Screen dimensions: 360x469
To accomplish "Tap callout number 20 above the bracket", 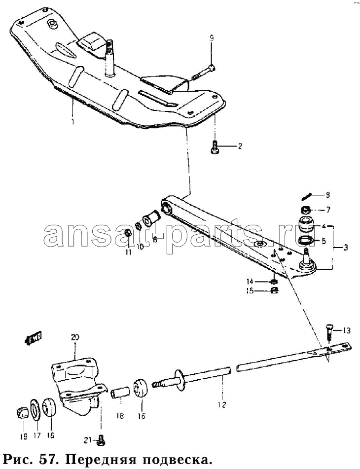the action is pos(75,337).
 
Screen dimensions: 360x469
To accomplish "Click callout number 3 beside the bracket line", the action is pos(345,248).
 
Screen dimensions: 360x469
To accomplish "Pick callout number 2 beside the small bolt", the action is pos(240,146).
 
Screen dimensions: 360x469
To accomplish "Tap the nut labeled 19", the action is pos(23,414).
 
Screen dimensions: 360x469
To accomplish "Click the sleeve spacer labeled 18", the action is pos(120,393).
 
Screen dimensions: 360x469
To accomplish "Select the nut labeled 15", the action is pos(275,290).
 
